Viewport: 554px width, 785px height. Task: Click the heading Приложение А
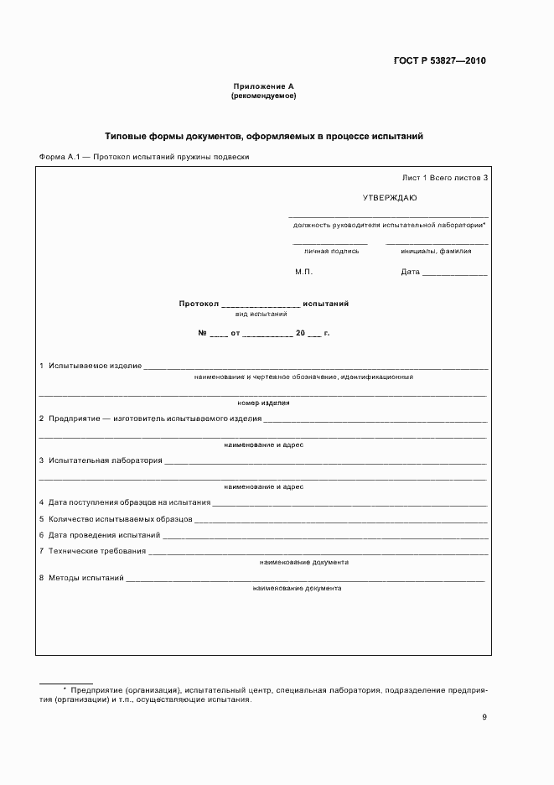pyautogui.click(x=263, y=87)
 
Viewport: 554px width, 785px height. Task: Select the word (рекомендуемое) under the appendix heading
pyautogui.click(x=263, y=96)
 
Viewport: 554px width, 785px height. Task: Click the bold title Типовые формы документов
pyautogui.click(x=263, y=135)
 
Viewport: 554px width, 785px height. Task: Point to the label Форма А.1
pyautogui.click(x=61, y=157)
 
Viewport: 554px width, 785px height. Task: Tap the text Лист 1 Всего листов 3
pyautogui.click(x=444, y=178)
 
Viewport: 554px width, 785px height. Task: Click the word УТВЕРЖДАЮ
pyautogui.click(x=389, y=198)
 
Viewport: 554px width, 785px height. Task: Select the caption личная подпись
pyautogui.click(x=331, y=250)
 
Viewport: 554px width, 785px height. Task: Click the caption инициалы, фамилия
pyautogui.click(x=436, y=250)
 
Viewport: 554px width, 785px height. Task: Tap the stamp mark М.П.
pyautogui.click(x=303, y=272)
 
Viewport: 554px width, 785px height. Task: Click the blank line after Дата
pyautogui.click(x=454, y=273)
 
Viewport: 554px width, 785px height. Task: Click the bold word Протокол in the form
pyautogui.click(x=199, y=304)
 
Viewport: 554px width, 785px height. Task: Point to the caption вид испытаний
pyautogui.click(x=261, y=314)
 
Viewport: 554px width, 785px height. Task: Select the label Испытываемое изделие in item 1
pyautogui.click(x=95, y=367)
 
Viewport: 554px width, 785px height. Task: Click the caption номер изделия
pyautogui.click(x=263, y=403)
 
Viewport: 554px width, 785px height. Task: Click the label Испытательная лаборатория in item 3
pyautogui.click(x=105, y=460)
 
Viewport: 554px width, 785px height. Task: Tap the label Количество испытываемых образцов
pyautogui.click(x=120, y=518)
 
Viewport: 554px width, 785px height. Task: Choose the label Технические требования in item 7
pyautogui.click(x=97, y=551)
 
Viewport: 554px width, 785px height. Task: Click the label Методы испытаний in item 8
pyautogui.click(x=86, y=578)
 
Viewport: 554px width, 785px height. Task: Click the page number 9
pyautogui.click(x=484, y=716)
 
